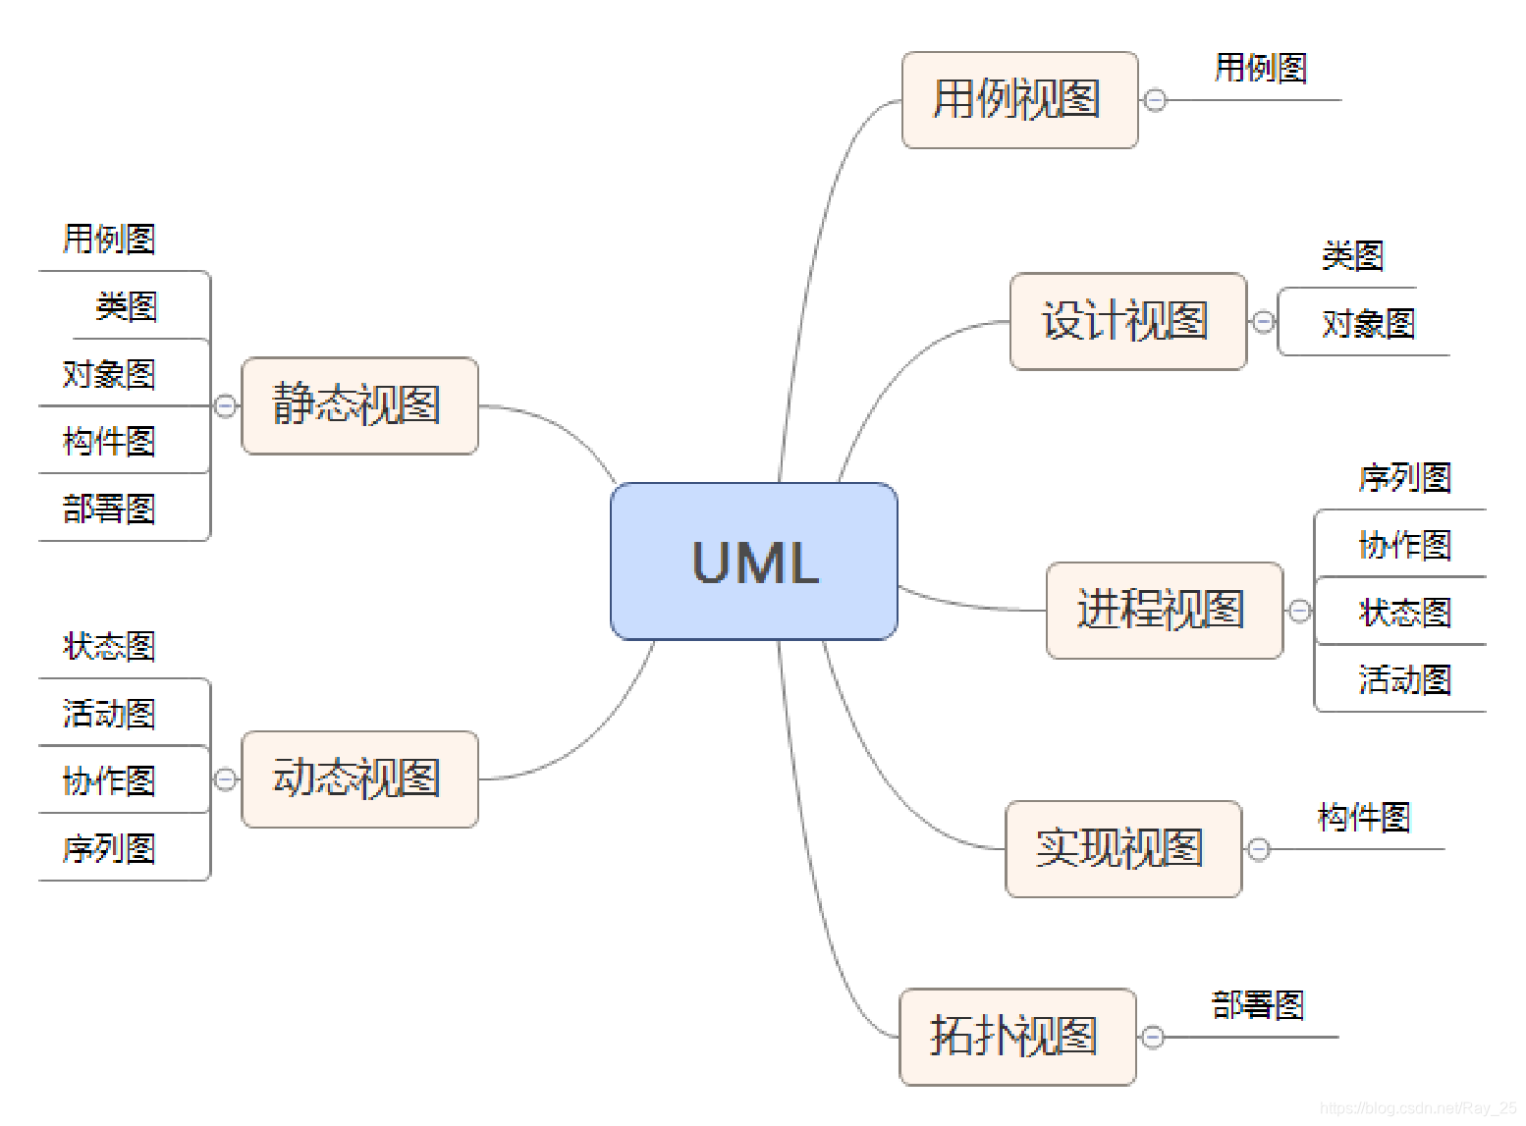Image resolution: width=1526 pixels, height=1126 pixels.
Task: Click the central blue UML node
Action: pos(753,562)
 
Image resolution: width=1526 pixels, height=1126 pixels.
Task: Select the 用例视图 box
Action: pos(1018,100)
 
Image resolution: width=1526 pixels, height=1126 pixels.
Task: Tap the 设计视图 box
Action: pos(1126,321)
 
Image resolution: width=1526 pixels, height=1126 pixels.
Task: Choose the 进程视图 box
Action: pos(1163,610)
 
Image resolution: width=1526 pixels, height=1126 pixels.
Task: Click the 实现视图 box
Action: pos(1121,848)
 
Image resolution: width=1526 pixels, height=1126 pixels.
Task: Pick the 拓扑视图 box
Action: pos(1015,1037)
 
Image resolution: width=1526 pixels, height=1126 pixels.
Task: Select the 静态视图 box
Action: pos(358,405)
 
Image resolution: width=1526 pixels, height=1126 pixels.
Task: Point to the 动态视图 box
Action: pos(358,778)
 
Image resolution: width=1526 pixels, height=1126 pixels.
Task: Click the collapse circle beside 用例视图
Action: pos(1156,100)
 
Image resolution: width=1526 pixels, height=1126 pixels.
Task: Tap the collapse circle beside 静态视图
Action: pos(225,405)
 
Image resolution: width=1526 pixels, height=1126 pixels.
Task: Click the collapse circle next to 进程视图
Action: pos(1299,611)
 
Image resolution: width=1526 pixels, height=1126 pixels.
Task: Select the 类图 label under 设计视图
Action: pos(1352,256)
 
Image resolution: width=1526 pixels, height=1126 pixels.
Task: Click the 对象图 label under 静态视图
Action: pos(109,374)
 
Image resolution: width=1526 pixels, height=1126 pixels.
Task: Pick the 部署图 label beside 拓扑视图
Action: pos(1257,1005)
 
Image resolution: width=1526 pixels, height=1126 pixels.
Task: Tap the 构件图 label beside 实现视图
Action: pos(1363,817)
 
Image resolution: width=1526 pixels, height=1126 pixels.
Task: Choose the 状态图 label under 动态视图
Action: pos(109,646)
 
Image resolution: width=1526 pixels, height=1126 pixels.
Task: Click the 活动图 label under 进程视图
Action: pos(1404,679)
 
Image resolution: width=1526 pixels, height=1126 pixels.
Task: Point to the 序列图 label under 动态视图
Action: pos(109,848)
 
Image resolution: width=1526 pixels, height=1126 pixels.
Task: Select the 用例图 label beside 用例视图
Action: pos(1261,68)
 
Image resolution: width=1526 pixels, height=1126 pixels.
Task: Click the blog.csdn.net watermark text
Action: pos(1418,1108)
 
